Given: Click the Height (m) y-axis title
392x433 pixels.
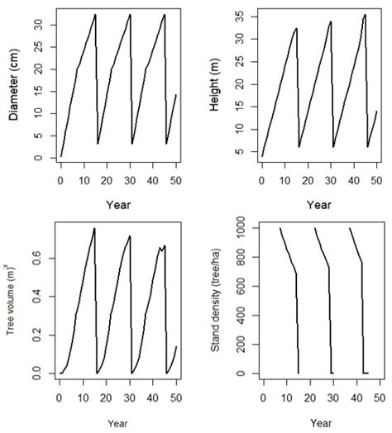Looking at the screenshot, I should pos(214,85).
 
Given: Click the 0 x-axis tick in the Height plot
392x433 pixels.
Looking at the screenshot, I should pos(261,178).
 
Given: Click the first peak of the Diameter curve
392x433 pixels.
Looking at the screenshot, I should pos(95,14).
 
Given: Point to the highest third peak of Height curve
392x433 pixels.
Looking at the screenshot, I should pos(365,14).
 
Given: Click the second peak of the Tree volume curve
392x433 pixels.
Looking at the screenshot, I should pos(130,236).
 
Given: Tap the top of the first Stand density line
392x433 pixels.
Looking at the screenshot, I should pos(280,229).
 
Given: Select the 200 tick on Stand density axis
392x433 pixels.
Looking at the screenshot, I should pos(240,345).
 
